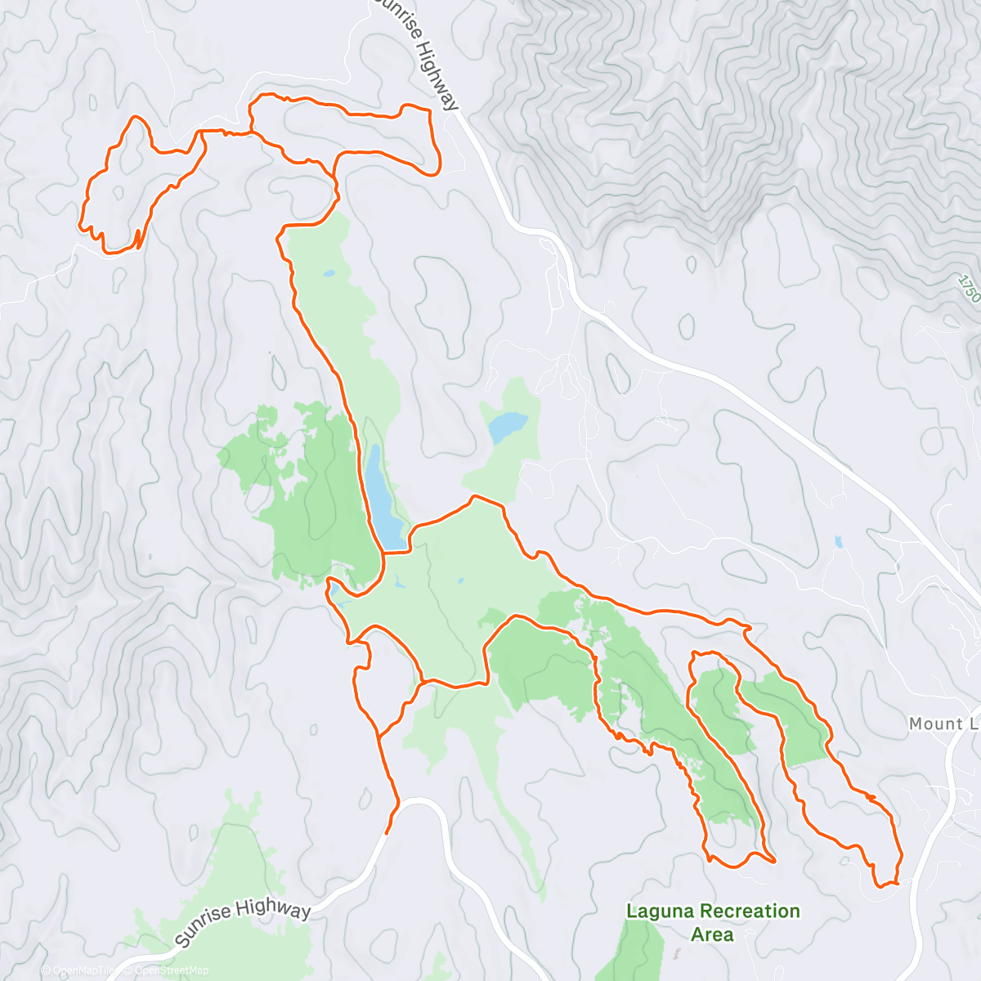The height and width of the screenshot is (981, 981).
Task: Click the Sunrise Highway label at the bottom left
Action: coord(243,922)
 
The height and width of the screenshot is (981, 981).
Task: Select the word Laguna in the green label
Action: coord(660,911)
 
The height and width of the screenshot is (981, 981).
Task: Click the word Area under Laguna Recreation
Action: coord(712,934)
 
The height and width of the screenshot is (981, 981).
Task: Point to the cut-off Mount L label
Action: coord(944,723)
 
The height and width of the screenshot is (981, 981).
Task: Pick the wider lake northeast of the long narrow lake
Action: coord(508,425)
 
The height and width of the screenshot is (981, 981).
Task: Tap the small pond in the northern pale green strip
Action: coord(328,273)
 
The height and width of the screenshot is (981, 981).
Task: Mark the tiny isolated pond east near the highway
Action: coord(839,541)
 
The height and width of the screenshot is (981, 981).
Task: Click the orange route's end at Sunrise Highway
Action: coord(386,831)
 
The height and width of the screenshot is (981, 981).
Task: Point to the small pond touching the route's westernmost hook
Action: coord(334,590)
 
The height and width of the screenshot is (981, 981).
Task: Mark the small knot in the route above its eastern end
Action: coord(871,796)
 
